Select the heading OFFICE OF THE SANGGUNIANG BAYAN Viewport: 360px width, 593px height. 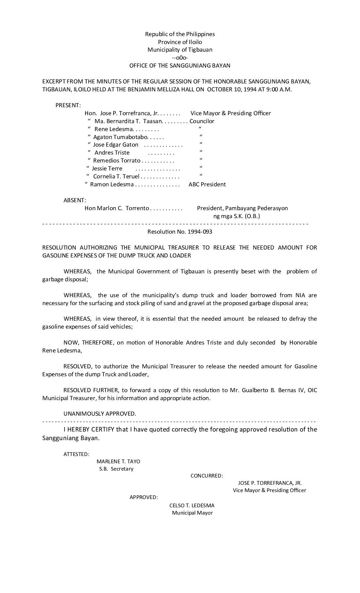pyautogui.click(x=180, y=66)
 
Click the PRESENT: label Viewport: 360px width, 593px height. pyautogui.click(x=68, y=105)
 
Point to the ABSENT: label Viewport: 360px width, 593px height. pyautogui.click(x=75, y=200)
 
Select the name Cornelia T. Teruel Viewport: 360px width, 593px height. pyautogui.click(x=116, y=176)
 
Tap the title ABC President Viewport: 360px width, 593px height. pyautogui.click(x=207, y=184)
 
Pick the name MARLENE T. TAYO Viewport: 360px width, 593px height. pyautogui.click(x=118, y=461)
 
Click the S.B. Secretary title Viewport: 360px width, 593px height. pyautogui.click(x=116, y=469)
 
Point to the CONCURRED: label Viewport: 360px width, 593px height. pyautogui.click(x=207, y=476)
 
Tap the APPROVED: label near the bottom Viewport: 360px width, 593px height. pyautogui.click(x=144, y=497)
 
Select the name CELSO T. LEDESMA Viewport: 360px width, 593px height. pyautogui.click(x=192, y=505)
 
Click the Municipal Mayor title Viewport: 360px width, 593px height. pyautogui.click(x=192, y=513)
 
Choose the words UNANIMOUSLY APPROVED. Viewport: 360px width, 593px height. pyautogui.click(x=100, y=414)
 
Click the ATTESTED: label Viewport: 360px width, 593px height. pyautogui.click(x=76, y=454)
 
